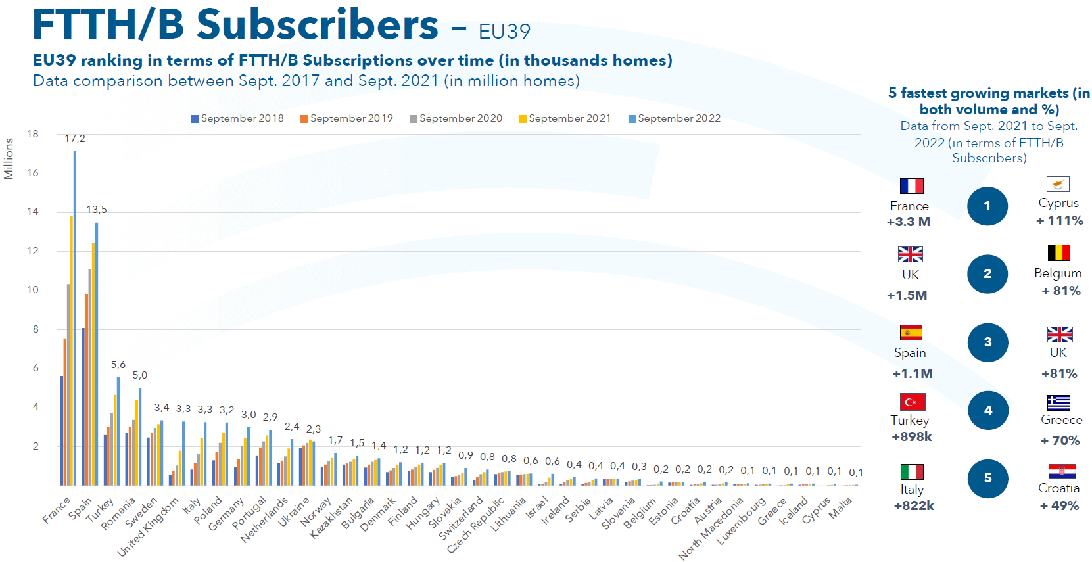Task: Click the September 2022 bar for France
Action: [x=75, y=318]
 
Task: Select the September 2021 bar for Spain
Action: [x=93, y=364]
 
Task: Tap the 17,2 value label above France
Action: [x=75, y=139]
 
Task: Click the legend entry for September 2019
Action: [x=346, y=118]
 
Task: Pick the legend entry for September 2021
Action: [x=565, y=118]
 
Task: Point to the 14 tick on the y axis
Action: [x=33, y=212]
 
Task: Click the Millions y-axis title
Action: [x=9, y=158]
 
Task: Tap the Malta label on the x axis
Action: [x=840, y=507]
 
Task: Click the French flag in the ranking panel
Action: [x=911, y=186]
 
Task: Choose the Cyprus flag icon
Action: [x=1058, y=184]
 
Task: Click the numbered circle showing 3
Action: [x=987, y=342]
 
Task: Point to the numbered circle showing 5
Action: [x=987, y=479]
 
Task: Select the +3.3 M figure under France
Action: [x=908, y=222]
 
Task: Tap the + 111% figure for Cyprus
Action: [x=1059, y=221]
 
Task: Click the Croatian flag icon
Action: [x=1062, y=471]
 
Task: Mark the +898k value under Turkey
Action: [x=911, y=437]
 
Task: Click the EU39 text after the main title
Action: [x=504, y=32]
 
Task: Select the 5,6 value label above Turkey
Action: [x=118, y=365]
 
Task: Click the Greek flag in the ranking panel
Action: [x=1058, y=402]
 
